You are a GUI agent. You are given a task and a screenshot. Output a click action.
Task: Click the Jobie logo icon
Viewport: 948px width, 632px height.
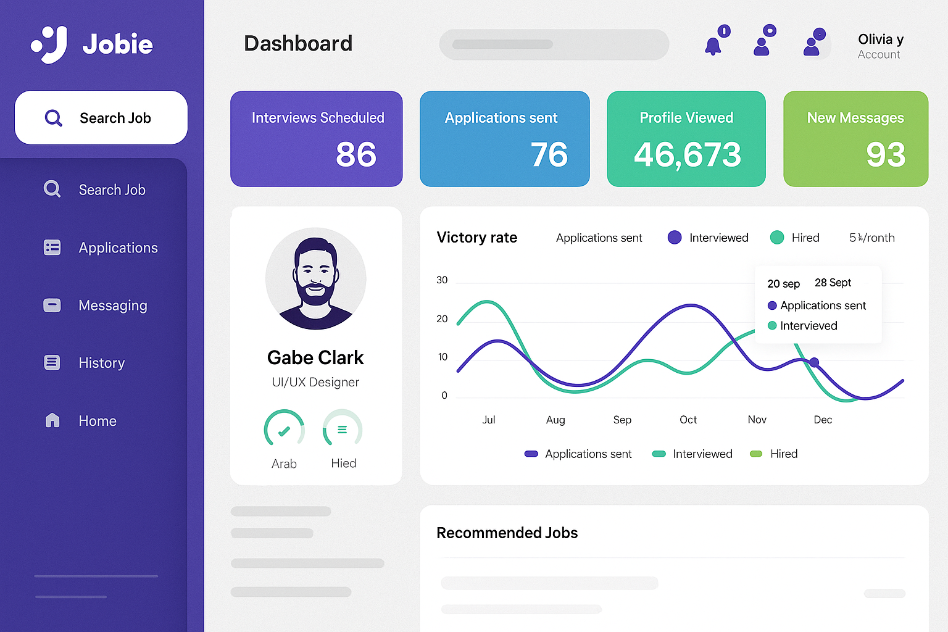(x=49, y=44)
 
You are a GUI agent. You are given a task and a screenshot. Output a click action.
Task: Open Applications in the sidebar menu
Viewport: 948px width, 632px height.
(x=118, y=247)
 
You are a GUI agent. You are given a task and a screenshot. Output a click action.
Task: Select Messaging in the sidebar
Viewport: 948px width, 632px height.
(x=113, y=306)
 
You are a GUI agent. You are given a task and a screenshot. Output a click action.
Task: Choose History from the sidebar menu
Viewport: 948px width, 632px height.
(x=102, y=363)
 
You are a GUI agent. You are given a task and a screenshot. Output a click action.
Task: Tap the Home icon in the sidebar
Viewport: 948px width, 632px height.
(x=52, y=420)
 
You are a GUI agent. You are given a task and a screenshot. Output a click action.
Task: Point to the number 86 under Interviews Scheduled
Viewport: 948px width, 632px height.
(x=355, y=154)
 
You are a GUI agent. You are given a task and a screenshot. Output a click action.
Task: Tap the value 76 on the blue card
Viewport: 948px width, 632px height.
(x=549, y=154)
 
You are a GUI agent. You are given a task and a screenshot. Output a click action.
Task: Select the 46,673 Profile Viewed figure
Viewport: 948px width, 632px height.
(x=687, y=154)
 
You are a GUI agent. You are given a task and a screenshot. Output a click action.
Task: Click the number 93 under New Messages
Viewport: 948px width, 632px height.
(x=885, y=154)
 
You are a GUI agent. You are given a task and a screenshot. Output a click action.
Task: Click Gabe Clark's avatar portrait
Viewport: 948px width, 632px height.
(x=316, y=278)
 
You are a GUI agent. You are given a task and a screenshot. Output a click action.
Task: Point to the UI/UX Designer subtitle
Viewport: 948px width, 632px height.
(x=315, y=382)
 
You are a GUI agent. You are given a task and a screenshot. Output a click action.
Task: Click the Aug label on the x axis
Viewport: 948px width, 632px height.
(x=555, y=420)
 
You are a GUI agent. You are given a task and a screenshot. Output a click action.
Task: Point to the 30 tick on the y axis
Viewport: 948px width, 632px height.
(x=442, y=280)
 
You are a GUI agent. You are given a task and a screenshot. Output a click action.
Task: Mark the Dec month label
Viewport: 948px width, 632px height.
(x=823, y=420)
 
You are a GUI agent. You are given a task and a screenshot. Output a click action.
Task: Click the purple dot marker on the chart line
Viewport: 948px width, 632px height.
(x=814, y=362)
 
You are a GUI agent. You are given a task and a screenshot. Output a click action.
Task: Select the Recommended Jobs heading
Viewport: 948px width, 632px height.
(x=507, y=533)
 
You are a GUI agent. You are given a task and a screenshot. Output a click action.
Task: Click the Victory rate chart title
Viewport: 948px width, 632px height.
(x=476, y=238)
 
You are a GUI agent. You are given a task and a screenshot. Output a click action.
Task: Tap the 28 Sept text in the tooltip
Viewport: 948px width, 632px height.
(x=833, y=283)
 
